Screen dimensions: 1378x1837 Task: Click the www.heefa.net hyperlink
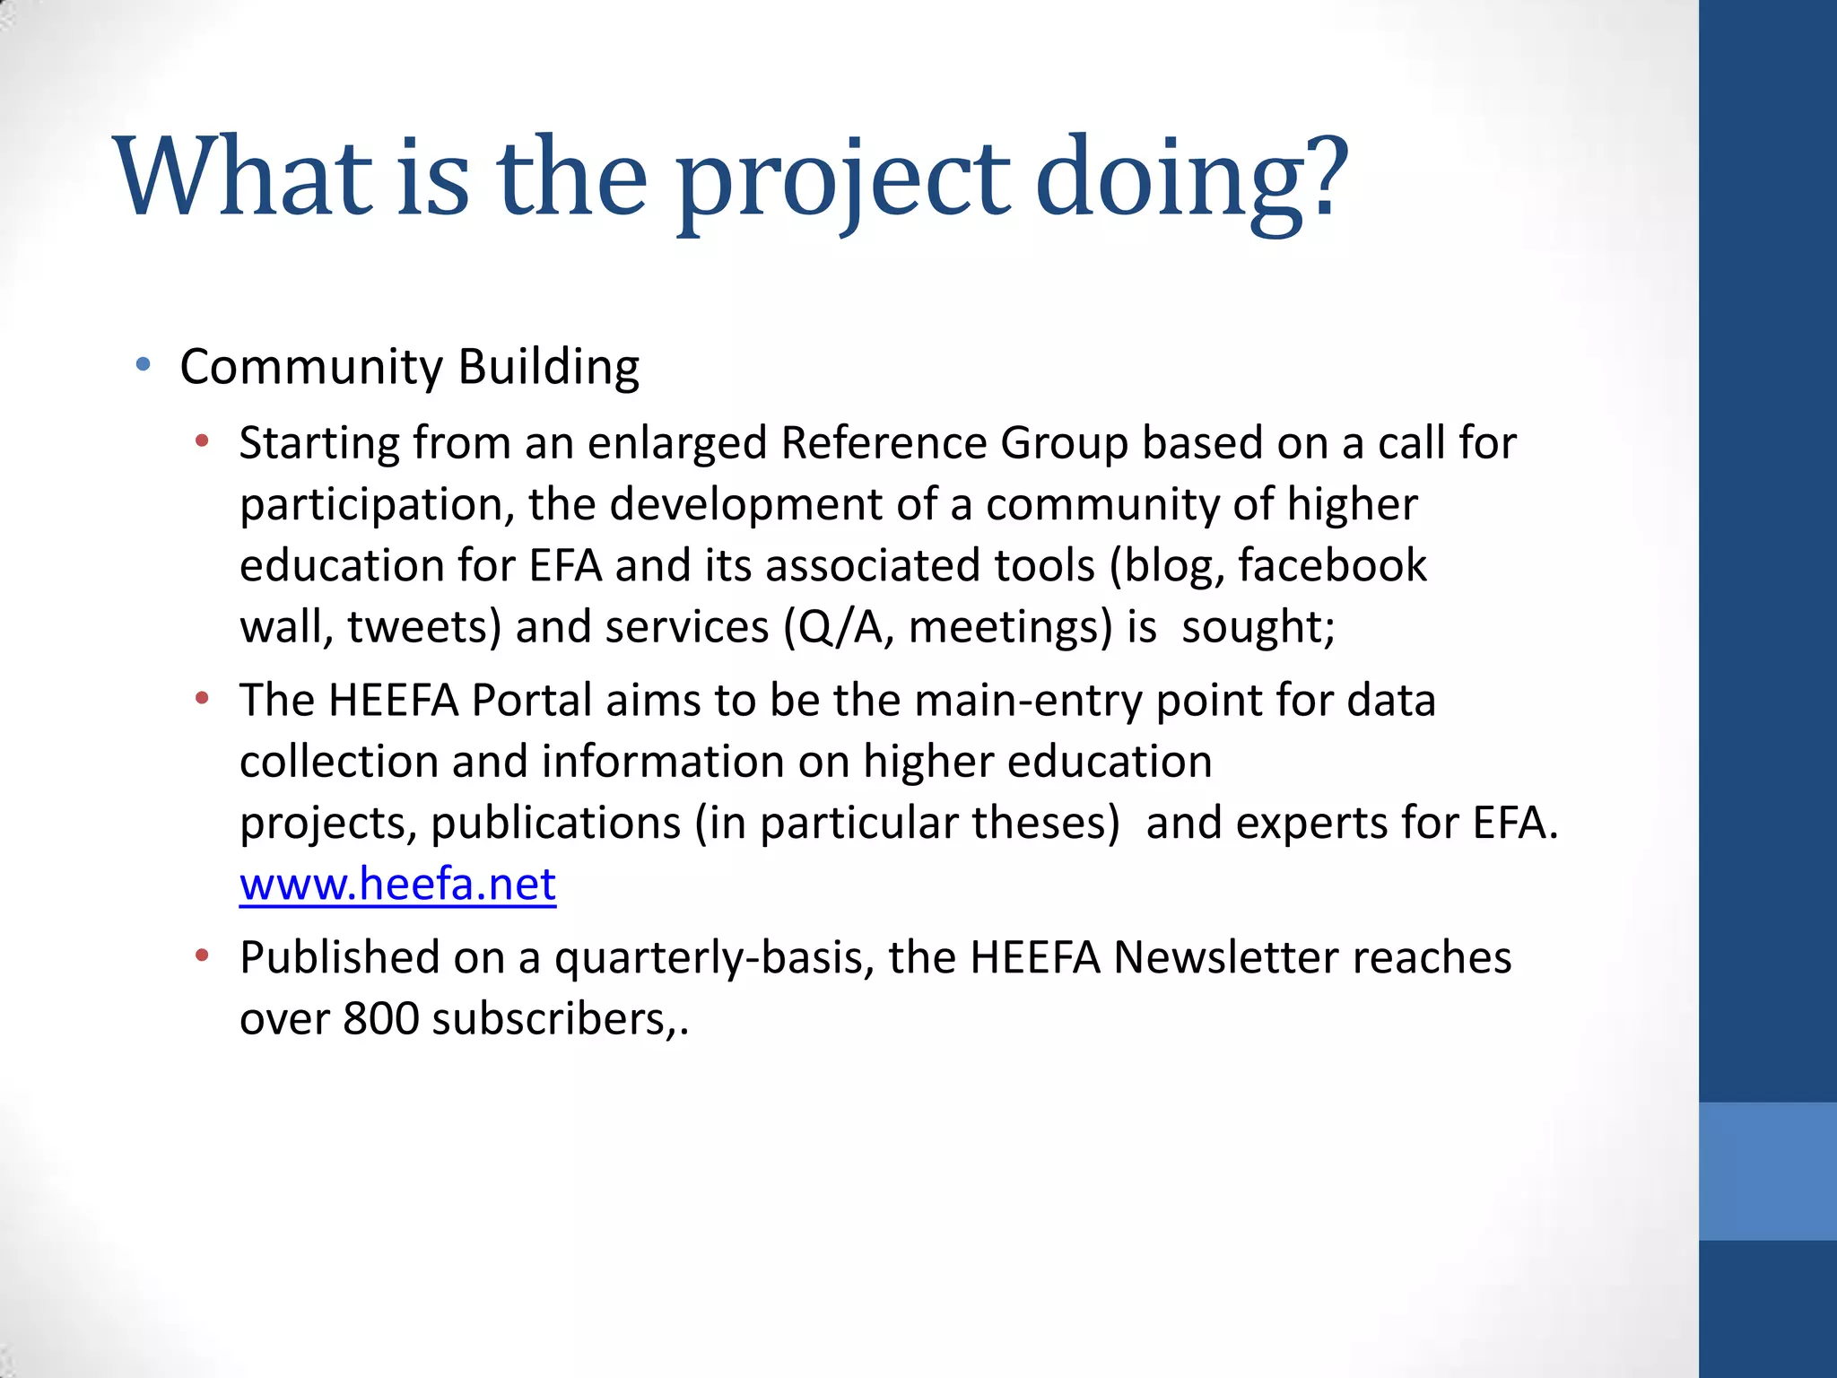coord(397,885)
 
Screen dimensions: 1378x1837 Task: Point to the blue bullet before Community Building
coord(143,365)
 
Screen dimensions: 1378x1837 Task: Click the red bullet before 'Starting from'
coord(203,440)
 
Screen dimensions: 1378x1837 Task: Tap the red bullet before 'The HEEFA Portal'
coord(203,698)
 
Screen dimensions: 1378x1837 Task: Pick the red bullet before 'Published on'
coord(203,955)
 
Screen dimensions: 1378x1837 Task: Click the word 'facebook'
coord(1332,566)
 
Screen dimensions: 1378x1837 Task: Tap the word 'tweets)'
coord(424,627)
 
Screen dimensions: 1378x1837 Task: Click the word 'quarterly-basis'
coord(713,958)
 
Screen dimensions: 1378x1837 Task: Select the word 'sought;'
coord(1258,627)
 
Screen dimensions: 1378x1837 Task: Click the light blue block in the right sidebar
coord(1767,1171)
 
